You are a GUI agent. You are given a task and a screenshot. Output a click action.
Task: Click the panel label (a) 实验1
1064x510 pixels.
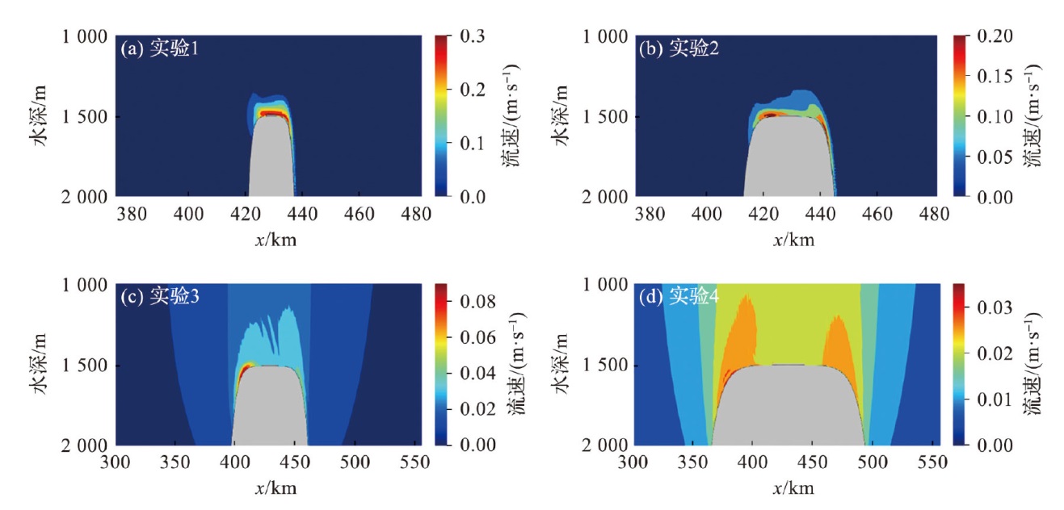160,49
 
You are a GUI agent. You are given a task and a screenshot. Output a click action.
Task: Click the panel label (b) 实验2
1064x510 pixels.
678,49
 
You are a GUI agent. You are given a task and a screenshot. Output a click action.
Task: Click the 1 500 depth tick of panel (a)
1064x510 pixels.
86,116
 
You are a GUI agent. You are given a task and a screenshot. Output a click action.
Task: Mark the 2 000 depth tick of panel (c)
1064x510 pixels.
86,445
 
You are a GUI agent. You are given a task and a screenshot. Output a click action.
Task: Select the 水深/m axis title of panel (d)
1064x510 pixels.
565,364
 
